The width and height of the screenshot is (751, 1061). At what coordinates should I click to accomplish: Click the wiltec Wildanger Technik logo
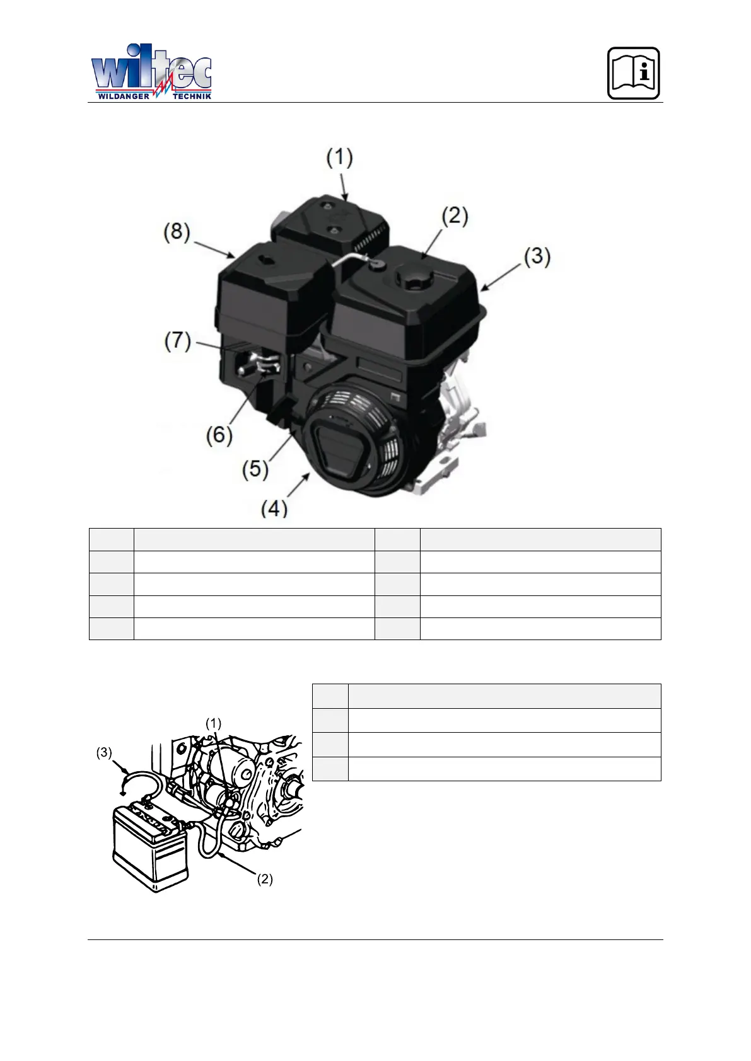pos(151,72)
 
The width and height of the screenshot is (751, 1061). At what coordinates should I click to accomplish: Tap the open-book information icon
pos(633,73)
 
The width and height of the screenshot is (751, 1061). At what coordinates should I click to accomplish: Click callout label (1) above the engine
pos(339,158)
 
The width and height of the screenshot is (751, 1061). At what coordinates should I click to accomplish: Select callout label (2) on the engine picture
pos(455,217)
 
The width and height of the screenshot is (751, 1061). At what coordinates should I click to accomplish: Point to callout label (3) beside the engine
pos(537,257)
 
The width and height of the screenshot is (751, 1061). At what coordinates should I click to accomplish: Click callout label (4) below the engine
pos(274,507)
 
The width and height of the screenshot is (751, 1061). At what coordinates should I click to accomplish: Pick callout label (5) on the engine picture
pos(255,469)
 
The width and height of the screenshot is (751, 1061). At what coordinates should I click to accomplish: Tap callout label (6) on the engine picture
pos(219,435)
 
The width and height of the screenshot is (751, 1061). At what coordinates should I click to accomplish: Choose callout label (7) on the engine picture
pos(178,341)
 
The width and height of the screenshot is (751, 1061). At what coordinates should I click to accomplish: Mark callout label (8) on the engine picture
pos(177,232)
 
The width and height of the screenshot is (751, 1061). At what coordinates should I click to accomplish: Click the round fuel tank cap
pos(414,278)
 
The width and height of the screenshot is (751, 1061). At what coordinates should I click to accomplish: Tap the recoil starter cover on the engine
pos(353,441)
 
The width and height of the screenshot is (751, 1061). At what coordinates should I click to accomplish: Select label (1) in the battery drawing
pos(214,723)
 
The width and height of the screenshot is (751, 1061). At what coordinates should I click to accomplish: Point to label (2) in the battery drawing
pos(265,879)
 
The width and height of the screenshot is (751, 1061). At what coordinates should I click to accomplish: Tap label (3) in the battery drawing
pos(104,752)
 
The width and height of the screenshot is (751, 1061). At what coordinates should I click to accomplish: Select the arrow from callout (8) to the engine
pos(214,249)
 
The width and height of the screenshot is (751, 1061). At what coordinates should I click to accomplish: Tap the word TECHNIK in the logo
pos(192,96)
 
